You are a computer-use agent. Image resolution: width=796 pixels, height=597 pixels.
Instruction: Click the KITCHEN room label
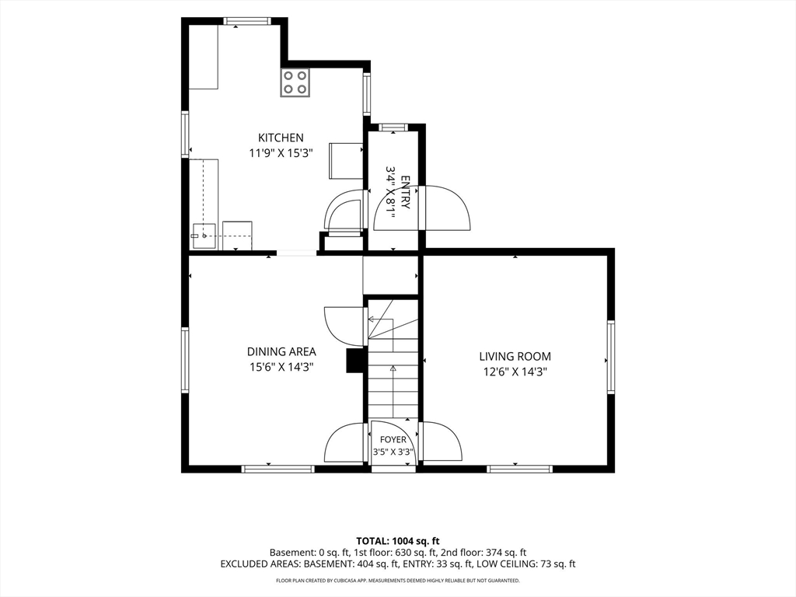(x=281, y=138)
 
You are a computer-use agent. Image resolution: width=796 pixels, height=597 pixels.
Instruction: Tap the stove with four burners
(x=295, y=82)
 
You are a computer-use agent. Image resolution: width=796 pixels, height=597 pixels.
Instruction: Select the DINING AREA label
(x=281, y=351)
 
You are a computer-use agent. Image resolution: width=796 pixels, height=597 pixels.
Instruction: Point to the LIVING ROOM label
(x=515, y=356)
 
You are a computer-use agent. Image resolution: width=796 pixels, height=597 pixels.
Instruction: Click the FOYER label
(x=393, y=440)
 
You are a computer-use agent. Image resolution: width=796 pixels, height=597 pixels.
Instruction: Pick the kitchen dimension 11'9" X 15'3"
(x=281, y=153)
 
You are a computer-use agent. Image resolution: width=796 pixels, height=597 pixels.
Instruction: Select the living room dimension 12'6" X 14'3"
(x=515, y=372)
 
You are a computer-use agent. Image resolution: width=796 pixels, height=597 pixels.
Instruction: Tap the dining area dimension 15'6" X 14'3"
(x=281, y=367)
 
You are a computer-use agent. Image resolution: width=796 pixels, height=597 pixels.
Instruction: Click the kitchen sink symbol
(x=203, y=236)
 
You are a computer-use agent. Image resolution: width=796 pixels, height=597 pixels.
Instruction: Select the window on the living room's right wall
(x=611, y=356)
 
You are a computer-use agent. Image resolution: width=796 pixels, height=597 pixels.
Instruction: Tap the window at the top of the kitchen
(x=246, y=21)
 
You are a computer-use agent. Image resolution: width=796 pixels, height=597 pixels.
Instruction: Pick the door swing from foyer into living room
(x=442, y=442)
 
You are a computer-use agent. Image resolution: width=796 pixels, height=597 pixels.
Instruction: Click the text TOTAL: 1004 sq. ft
(x=397, y=541)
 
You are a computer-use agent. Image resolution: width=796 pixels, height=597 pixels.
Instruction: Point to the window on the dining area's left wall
(x=185, y=360)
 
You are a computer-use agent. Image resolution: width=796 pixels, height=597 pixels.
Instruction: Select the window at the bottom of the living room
(x=519, y=469)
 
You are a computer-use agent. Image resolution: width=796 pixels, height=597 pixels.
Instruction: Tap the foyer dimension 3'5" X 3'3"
(x=393, y=452)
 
